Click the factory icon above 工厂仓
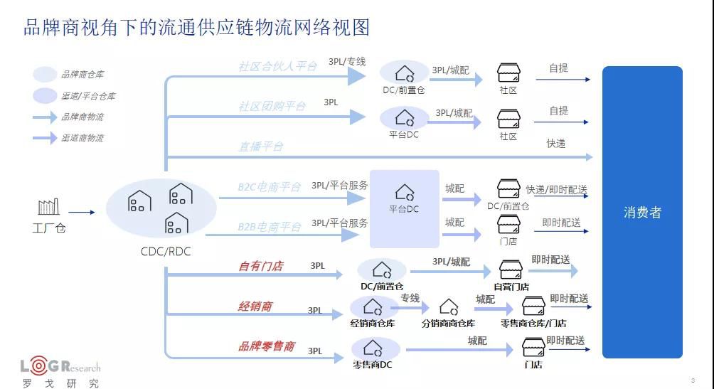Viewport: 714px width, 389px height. [x=49, y=207]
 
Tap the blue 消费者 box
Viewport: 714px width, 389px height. [x=642, y=212]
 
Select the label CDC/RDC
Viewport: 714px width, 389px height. [x=166, y=251]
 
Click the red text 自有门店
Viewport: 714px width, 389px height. [x=260, y=266]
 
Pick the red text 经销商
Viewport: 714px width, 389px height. [x=255, y=307]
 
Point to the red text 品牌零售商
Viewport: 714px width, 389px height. [x=266, y=346]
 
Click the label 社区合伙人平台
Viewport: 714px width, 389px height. [x=277, y=66]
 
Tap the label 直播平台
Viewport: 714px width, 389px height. [x=260, y=146]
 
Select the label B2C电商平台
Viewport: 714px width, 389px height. [x=269, y=188]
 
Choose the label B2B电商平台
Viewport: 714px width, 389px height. [x=269, y=227]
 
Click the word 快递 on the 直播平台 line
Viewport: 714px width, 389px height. [x=556, y=144]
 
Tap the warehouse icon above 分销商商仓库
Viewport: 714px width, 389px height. [x=449, y=307]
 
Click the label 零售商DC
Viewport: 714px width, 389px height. [x=373, y=365]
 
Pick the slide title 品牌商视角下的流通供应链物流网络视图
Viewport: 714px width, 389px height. [x=197, y=28]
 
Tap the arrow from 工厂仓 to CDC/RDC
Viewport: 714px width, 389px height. [x=82, y=212]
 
